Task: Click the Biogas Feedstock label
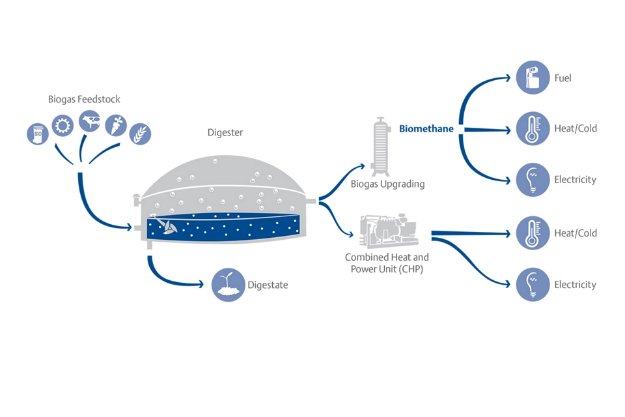click(84, 100)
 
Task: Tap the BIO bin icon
click(38, 134)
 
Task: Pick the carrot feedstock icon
click(115, 124)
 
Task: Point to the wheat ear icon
click(139, 134)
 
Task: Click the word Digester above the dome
click(225, 132)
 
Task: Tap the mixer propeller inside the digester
click(169, 227)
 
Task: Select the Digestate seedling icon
click(225, 285)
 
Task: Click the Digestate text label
click(268, 285)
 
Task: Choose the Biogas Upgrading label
click(387, 184)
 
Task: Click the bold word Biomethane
click(426, 129)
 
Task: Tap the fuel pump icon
click(533, 78)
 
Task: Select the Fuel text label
click(563, 78)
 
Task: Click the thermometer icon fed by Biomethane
click(533, 128)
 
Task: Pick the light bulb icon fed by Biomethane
click(533, 179)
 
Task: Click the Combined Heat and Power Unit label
click(387, 263)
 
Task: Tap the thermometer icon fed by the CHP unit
click(533, 233)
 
